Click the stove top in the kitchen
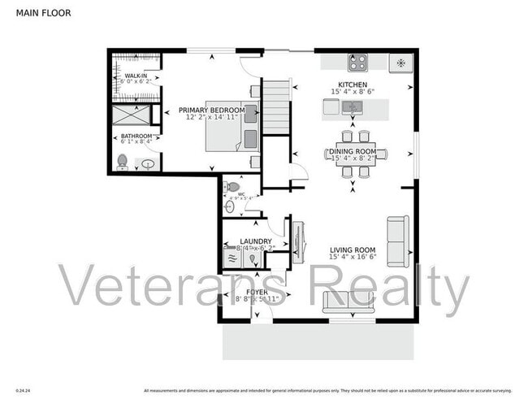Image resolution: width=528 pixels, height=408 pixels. pyautogui.click(x=357, y=63)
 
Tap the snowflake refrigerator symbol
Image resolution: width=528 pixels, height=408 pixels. pyautogui.click(x=400, y=63)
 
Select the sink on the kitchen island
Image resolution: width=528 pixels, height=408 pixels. pyautogui.click(x=332, y=106)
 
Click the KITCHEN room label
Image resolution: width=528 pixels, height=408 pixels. pyautogui.click(x=353, y=85)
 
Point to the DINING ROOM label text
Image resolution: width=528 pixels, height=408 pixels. pyautogui.click(x=352, y=151)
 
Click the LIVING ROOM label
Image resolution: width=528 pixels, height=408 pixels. pyautogui.click(x=353, y=250)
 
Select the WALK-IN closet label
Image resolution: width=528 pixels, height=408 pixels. pyautogui.click(x=136, y=76)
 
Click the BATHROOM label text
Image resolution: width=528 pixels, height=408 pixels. pyautogui.click(x=136, y=136)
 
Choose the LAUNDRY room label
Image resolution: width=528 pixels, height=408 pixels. pyautogui.click(x=256, y=241)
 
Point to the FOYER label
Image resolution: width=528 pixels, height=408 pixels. pyautogui.click(x=257, y=291)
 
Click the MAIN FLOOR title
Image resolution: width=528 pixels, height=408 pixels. pyautogui.click(x=40, y=12)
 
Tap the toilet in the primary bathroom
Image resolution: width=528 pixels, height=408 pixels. pyautogui.click(x=123, y=160)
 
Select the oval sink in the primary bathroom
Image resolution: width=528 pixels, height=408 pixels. pyautogui.click(x=149, y=163)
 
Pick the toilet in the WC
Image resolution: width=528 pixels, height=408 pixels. pyautogui.click(x=234, y=187)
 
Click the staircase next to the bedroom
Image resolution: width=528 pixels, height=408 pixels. pyautogui.click(x=276, y=106)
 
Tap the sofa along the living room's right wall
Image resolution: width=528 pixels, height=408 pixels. pyautogui.click(x=398, y=241)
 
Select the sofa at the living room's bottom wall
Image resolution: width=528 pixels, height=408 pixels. pyautogui.click(x=349, y=302)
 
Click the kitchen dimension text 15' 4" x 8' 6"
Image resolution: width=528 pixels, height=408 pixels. pyautogui.click(x=353, y=92)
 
